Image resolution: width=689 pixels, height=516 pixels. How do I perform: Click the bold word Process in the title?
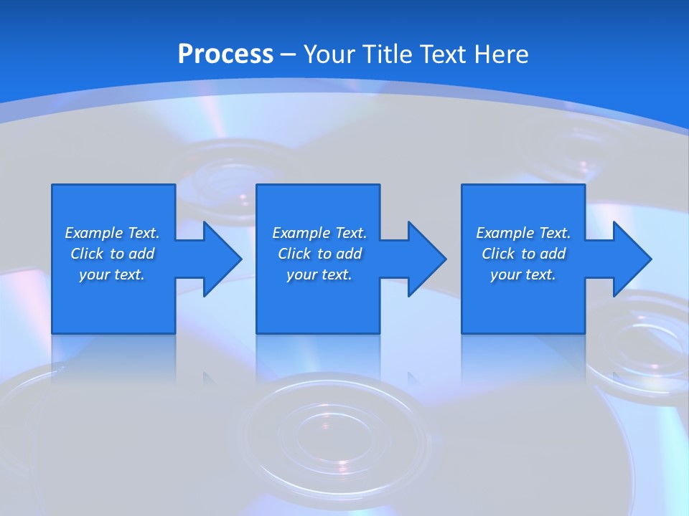tap(225, 54)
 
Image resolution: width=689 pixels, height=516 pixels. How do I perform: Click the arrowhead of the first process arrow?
tap(222, 259)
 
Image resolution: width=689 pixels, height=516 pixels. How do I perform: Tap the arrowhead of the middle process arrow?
tap(427, 259)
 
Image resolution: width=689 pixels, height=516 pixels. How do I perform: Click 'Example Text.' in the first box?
tap(112, 233)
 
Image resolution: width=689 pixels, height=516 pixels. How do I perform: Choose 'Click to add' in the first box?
tap(112, 254)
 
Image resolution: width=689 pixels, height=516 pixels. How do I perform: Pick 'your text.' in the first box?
tap(112, 274)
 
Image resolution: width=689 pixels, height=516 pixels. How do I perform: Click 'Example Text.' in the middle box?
tap(319, 233)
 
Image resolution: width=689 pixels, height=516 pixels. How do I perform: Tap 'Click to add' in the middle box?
tap(319, 254)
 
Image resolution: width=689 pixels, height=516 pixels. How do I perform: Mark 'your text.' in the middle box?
tap(319, 274)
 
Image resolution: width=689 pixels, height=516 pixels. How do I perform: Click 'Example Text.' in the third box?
tap(523, 233)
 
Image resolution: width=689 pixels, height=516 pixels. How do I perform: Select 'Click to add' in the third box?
tap(523, 254)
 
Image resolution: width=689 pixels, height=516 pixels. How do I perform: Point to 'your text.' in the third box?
tap(523, 274)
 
